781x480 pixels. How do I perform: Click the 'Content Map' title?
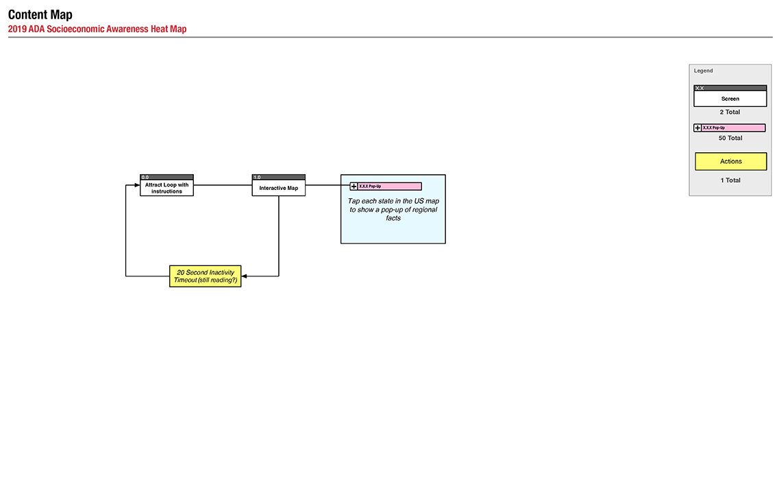coord(40,14)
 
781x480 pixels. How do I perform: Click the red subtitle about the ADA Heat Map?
coord(97,29)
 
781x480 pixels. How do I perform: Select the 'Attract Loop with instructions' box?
coord(167,185)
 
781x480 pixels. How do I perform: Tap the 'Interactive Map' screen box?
coord(278,185)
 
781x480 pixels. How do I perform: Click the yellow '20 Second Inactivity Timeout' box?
coord(206,276)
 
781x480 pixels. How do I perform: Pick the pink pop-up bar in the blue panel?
coord(386,187)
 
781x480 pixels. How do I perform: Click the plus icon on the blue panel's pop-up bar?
coord(354,187)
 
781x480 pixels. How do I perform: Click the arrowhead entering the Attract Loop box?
coord(137,185)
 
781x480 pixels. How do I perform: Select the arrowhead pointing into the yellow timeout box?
coord(244,276)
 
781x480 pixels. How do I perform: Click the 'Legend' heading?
coord(704,71)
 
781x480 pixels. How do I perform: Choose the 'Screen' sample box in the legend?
coord(730,96)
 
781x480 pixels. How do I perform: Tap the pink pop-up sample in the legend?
coord(730,128)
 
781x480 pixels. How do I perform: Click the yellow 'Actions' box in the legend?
coord(731,162)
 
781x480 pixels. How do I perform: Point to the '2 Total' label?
coord(730,112)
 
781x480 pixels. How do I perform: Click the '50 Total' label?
coord(730,138)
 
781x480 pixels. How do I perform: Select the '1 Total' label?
coord(730,180)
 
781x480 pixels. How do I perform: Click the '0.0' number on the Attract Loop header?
coord(145,178)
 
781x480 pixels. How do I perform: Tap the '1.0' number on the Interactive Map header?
coord(257,178)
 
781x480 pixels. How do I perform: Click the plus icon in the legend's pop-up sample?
coord(698,128)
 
